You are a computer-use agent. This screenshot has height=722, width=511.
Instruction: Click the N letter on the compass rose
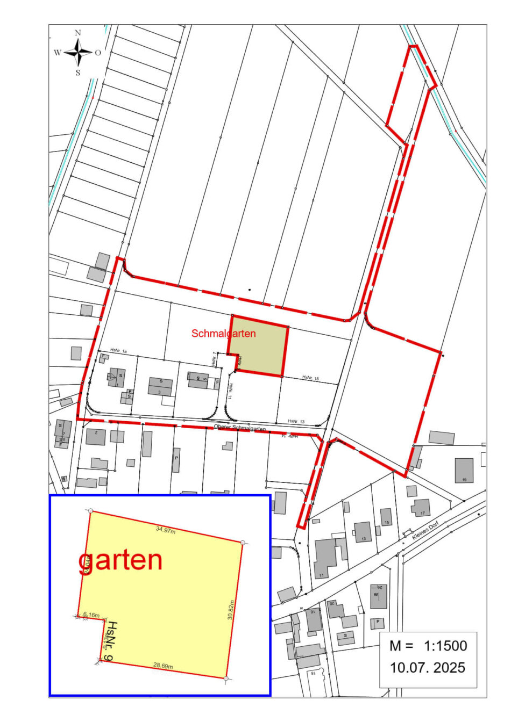(78, 33)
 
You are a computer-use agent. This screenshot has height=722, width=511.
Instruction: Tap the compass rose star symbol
(79, 53)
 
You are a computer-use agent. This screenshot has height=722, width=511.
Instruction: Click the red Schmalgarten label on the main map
(223, 334)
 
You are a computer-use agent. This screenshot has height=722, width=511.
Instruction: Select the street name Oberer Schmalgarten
(240, 428)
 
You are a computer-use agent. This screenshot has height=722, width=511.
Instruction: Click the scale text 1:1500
(446, 646)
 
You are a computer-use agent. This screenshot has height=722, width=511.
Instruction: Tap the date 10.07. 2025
(428, 668)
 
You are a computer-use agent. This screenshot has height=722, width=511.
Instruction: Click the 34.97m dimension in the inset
(166, 530)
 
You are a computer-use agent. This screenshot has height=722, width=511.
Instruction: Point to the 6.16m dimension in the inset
(91, 615)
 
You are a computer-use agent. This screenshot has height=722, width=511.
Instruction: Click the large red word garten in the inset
(120, 560)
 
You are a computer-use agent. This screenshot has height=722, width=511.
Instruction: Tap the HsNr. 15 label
(310, 379)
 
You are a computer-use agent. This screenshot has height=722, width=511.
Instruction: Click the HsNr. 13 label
(296, 422)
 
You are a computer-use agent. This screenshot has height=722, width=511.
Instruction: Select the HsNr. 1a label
(118, 351)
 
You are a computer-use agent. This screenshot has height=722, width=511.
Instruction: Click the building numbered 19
(464, 470)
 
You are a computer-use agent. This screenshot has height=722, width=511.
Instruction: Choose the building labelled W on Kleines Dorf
(378, 596)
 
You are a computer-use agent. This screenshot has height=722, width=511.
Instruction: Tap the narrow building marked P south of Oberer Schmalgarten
(176, 460)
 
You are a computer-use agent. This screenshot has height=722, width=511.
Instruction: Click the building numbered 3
(160, 386)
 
